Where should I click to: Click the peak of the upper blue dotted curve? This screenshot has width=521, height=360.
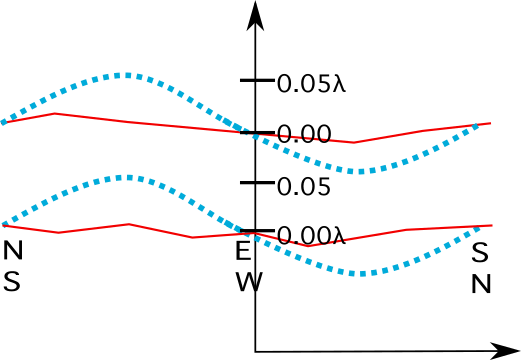pos(125,75)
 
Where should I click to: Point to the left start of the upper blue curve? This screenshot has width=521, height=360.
pos(3,122)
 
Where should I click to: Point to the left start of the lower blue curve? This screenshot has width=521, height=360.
pos(3,224)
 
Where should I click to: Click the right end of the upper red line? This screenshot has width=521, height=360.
pos(490,123)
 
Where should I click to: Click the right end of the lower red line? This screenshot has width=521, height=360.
pos(492,225)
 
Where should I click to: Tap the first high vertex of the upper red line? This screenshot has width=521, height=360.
pos(54,113)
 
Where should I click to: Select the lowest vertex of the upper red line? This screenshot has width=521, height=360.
pos(352,142)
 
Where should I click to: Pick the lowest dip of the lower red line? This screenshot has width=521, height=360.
pos(308,246)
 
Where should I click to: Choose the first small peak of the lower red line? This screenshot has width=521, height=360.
pos(128,224)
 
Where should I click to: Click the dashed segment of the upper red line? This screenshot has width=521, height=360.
pos(300,137)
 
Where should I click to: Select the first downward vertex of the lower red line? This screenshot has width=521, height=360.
pos(60,232)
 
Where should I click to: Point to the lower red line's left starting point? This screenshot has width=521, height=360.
pos(3,226)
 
